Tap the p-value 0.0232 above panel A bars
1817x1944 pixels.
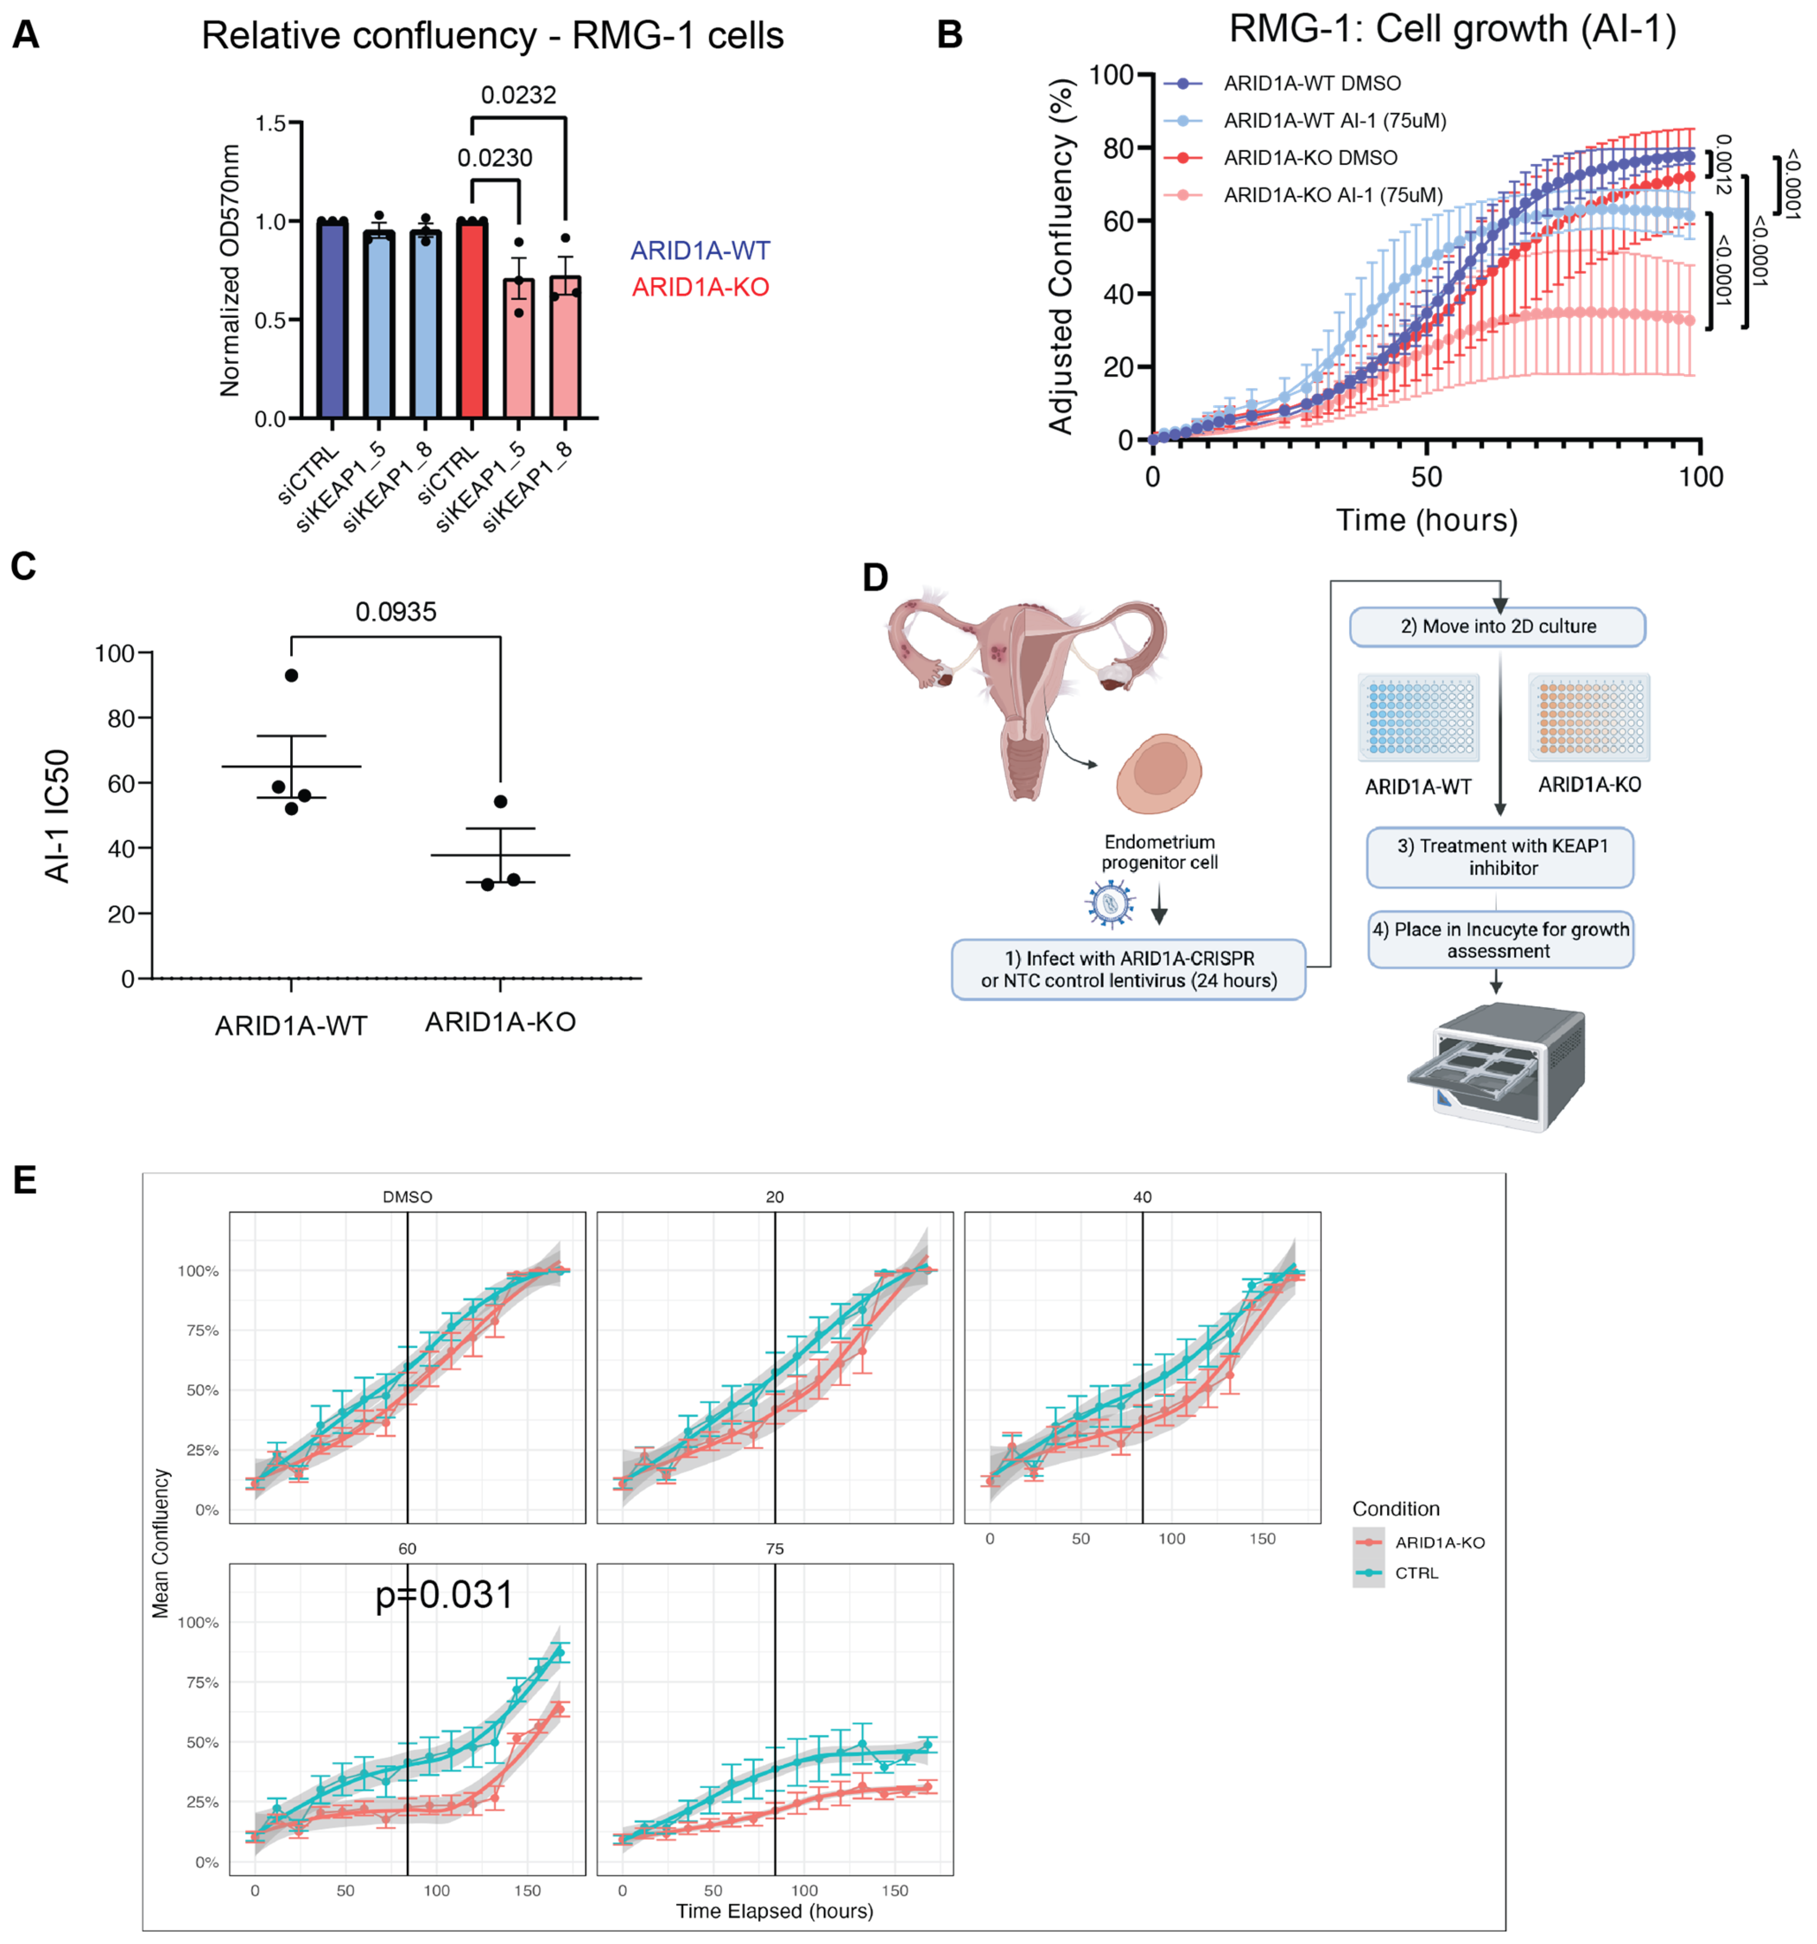coord(518,95)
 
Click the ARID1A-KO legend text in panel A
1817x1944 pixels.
coord(700,287)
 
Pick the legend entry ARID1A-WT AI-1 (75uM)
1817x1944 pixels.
coord(1334,120)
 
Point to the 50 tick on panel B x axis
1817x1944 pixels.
coord(1426,477)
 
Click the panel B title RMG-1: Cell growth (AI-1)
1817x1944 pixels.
coord(1452,29)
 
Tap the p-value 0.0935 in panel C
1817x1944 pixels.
coord(396,612)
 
